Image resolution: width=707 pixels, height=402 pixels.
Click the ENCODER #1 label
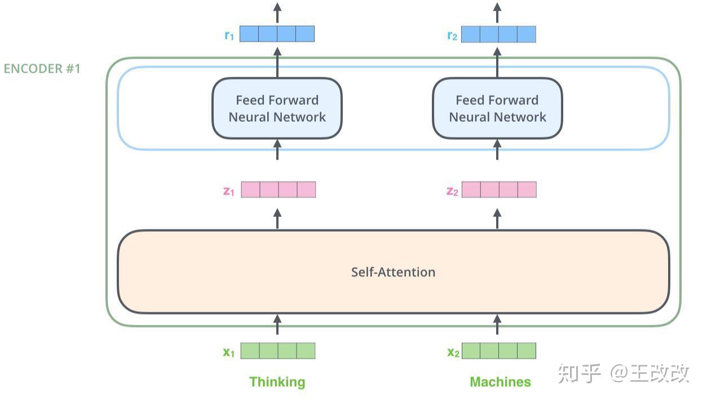click(x=42, y=69)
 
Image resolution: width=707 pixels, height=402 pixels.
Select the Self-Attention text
click(x=393, y=272)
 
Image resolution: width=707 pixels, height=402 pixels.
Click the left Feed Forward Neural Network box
click(x=277, y=108)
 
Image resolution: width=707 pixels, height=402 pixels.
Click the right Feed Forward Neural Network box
click(x=497, y=108)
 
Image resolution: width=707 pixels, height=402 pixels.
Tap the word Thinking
click(x=277, y=382)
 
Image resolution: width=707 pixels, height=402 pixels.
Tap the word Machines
click(x=500, y=382)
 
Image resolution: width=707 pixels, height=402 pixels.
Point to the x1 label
click(x=228, y=352)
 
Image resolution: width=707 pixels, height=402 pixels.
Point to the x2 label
click(x=453, y=352)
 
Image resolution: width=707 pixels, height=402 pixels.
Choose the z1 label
click(x=228, y=191)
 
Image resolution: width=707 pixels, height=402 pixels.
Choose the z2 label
click(x=452, y=191)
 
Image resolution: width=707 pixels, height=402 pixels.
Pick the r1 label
click(x=229, y=35)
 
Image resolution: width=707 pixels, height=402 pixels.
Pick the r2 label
click(x=452, y=35)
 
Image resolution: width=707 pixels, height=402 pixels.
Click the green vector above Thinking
click(x=278, y=351)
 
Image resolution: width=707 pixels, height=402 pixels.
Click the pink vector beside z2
click(x=499, y=189)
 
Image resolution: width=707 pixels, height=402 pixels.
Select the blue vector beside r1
click(x=277, y=34)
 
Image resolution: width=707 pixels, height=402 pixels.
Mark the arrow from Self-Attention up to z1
click(x=277, y=219)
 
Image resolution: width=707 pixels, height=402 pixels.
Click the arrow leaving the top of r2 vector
click(x=497, y=12)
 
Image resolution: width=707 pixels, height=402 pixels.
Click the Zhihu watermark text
click(x=623, y=373)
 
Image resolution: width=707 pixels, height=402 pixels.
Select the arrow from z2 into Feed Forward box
click(x=497, y=150)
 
